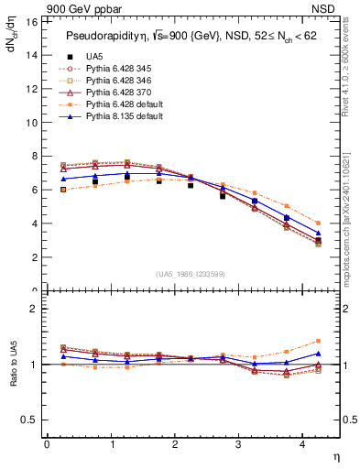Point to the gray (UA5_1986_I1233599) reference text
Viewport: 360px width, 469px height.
coord(191,274)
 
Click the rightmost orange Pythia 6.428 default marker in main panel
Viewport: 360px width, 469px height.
coord(318,223)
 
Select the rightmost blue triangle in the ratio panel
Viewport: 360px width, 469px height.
coord(318,354)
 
